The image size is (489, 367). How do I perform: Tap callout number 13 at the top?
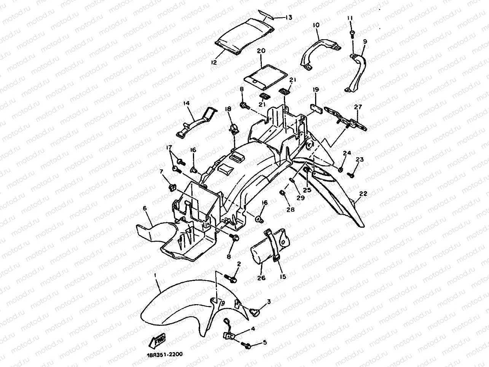tap(288, 17)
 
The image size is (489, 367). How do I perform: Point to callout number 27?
tap(358, 107)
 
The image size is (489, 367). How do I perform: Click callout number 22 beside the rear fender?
tap(363, 194)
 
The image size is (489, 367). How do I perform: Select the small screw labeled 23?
tap(351, 176)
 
